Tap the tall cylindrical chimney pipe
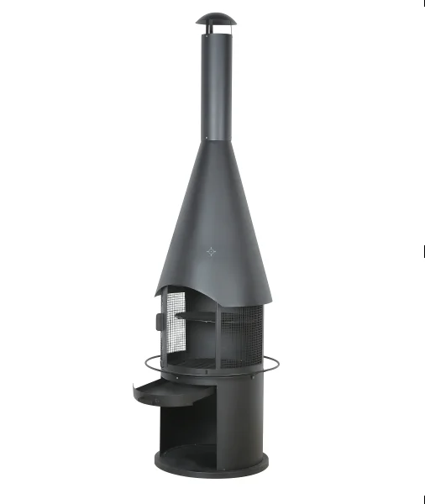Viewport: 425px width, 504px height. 216,84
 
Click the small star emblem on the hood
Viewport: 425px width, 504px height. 212,250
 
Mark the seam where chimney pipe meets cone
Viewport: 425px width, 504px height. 216,140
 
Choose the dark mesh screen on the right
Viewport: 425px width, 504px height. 243,336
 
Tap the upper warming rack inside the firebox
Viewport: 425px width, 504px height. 195,316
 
